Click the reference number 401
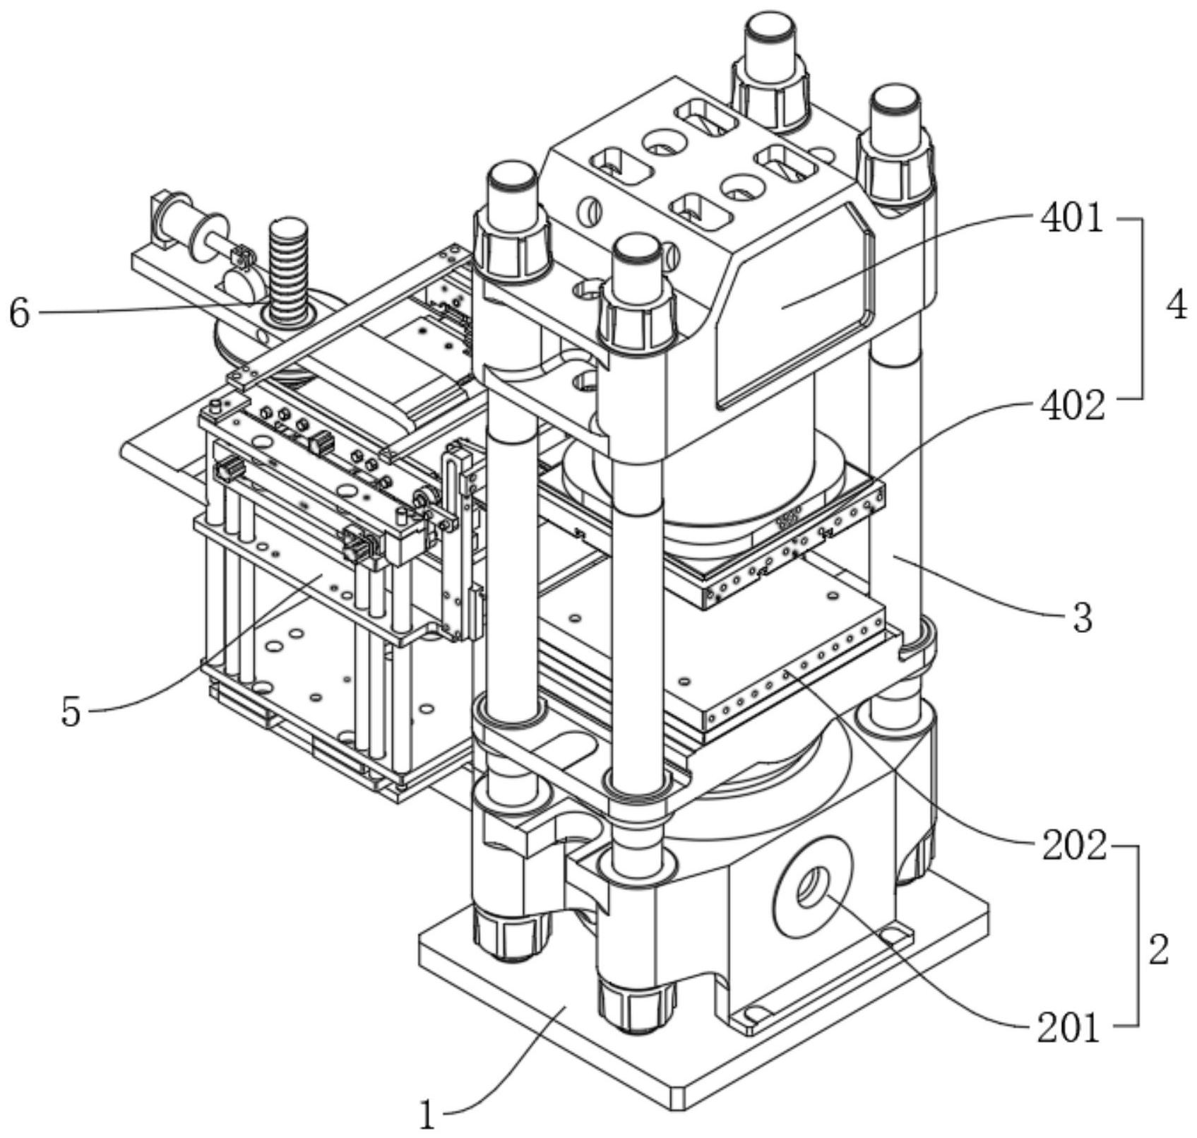[x=1071, y=220]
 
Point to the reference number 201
[x=1068, y=1029]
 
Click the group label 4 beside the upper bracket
[x=1176, y=308]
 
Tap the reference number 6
[x=19, y=313]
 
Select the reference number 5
[x=71, y=712]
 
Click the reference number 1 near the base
[x=427, y=1116]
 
